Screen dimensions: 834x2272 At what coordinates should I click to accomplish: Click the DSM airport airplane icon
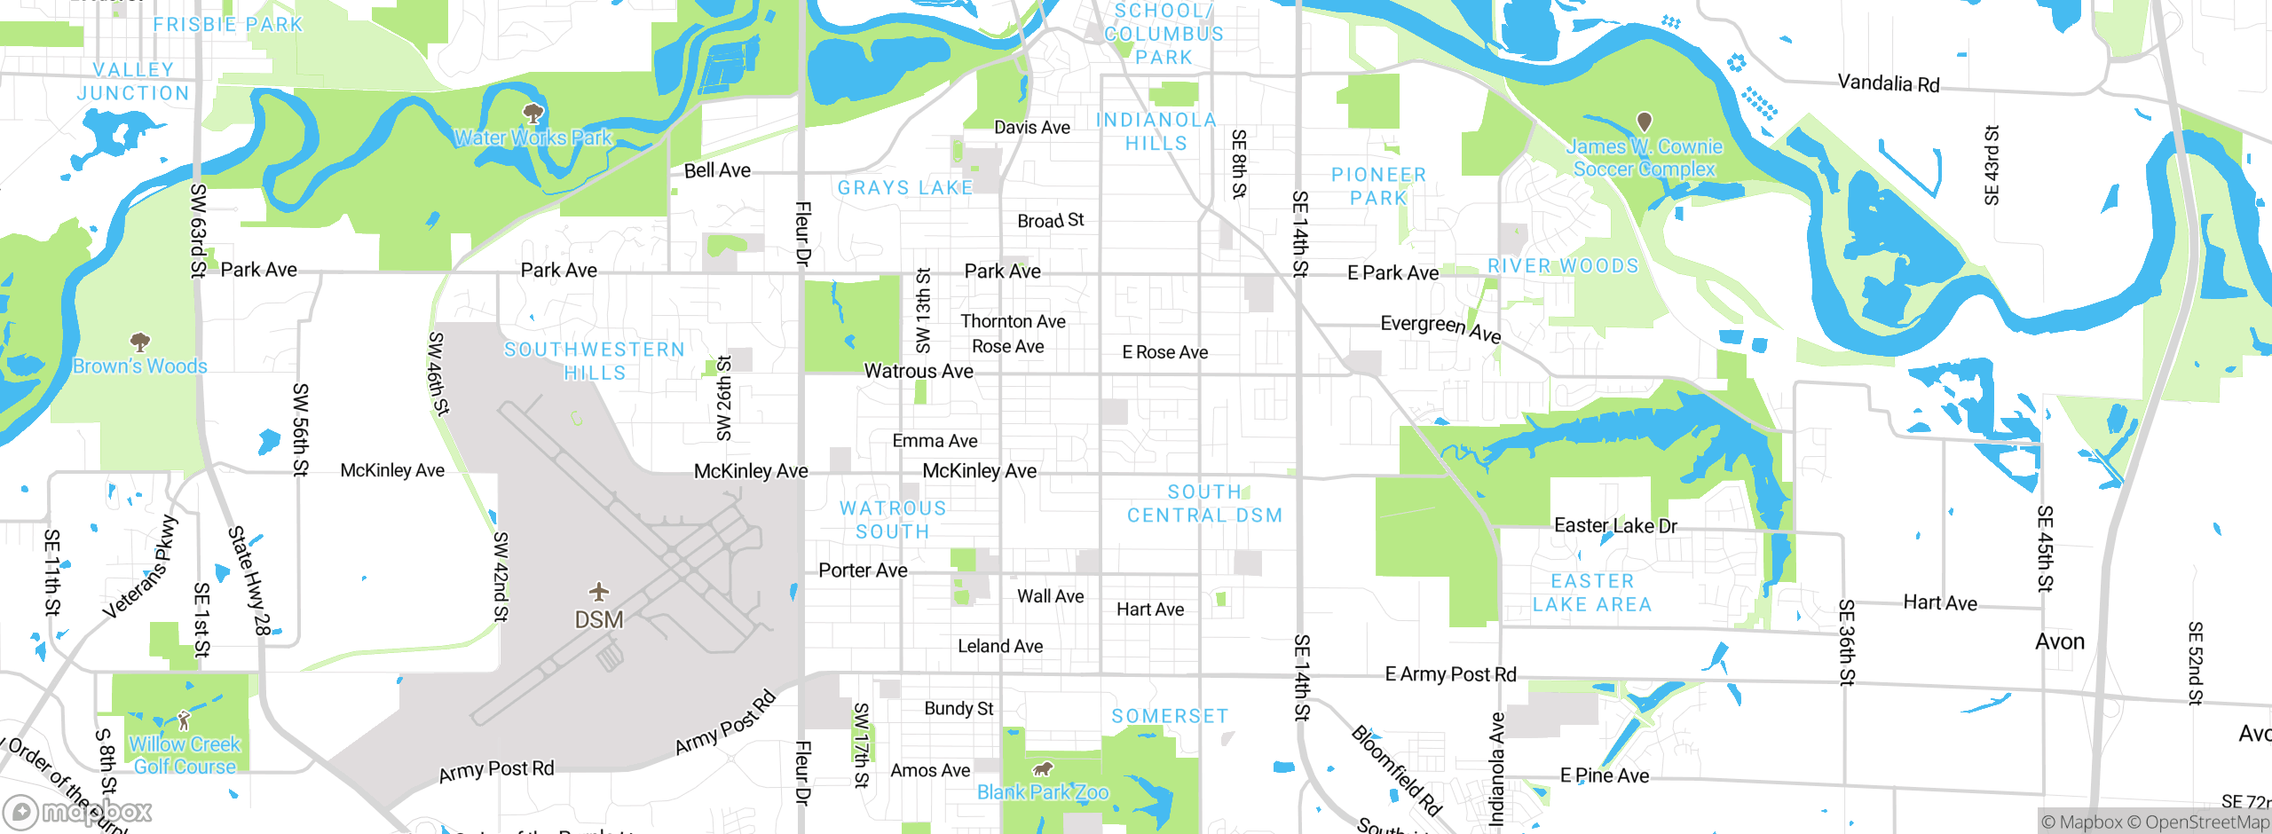tap(599, 592)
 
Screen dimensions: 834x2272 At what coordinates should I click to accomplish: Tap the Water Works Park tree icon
tap(533, 114)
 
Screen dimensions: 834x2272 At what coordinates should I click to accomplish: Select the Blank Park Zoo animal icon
tap(1043, 768)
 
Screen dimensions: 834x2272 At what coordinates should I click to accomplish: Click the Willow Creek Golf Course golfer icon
tap(184, 720)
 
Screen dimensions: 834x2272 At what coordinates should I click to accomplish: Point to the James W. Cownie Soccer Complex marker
tap(1645, 122)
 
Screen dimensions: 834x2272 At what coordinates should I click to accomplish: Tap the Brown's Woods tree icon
tap(139, 342)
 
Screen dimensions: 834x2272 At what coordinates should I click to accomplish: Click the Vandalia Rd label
tap(1889, 83)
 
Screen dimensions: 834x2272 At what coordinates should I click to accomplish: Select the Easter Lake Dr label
tap(1615, 525)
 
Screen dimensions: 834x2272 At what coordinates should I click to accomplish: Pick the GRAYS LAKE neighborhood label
tap(905, 187)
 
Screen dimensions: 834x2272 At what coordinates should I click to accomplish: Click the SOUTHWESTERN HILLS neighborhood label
tap(595, 361)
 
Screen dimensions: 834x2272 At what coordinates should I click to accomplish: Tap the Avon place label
tap(2059, 641)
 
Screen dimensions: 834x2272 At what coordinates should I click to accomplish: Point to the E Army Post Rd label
tap(1450, 674)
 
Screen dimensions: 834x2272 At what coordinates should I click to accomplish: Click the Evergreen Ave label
tap(1440, 328)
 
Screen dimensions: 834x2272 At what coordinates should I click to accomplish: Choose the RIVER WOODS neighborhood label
tap(1563, 265)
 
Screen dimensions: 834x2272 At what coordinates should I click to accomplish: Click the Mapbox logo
tap(78, 811)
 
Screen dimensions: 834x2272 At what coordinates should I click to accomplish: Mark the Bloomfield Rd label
tap(1396, 770)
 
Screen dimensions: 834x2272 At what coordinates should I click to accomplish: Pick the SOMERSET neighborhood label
tap(1170, 716)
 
